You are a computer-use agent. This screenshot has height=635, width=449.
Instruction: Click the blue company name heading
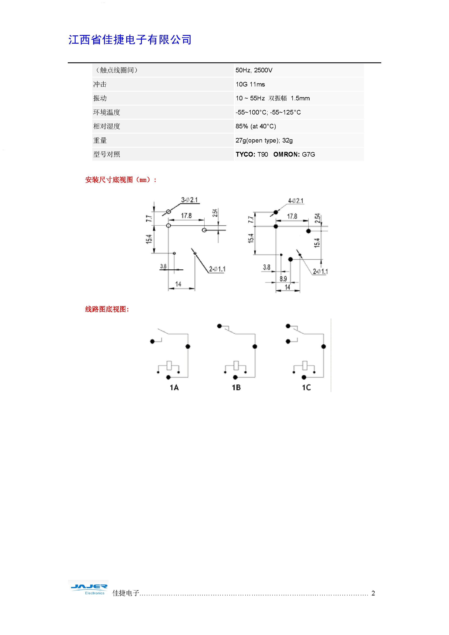click(x=130, y=40)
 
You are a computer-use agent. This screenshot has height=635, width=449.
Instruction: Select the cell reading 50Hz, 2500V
click(x=254, y=70)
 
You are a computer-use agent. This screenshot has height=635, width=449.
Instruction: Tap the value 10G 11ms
click(x=250, y=84)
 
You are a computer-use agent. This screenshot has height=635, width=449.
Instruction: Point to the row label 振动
click(x=100, y=98)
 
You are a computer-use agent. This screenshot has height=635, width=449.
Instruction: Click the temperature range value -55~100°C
click(x=251, y=112)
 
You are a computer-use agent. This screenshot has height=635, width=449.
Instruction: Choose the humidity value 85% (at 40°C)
click(x=256, y=126)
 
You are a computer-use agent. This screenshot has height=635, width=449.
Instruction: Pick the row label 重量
click(x=100, y=141)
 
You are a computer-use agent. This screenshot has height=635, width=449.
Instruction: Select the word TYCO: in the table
click(x=245, y=154)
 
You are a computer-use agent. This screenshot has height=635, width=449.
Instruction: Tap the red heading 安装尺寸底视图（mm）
click(x=121, y=180)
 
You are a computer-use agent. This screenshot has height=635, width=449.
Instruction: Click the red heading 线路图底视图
click(x=107, y=309)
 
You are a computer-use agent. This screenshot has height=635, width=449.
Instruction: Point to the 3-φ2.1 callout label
click(x=189, y=200)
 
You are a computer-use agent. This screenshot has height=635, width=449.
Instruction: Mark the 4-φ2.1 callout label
click(x=296, y=201)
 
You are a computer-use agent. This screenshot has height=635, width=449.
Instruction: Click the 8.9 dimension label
click(x=283, y=279)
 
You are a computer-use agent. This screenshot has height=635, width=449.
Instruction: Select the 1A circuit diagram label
click(x=174, y=388)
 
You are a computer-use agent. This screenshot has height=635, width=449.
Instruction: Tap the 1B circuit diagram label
click(x=236, y=388)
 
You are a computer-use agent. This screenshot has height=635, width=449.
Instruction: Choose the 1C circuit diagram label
click(x=306, y=388)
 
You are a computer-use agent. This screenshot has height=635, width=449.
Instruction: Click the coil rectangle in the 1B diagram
click(x=236, y=365)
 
